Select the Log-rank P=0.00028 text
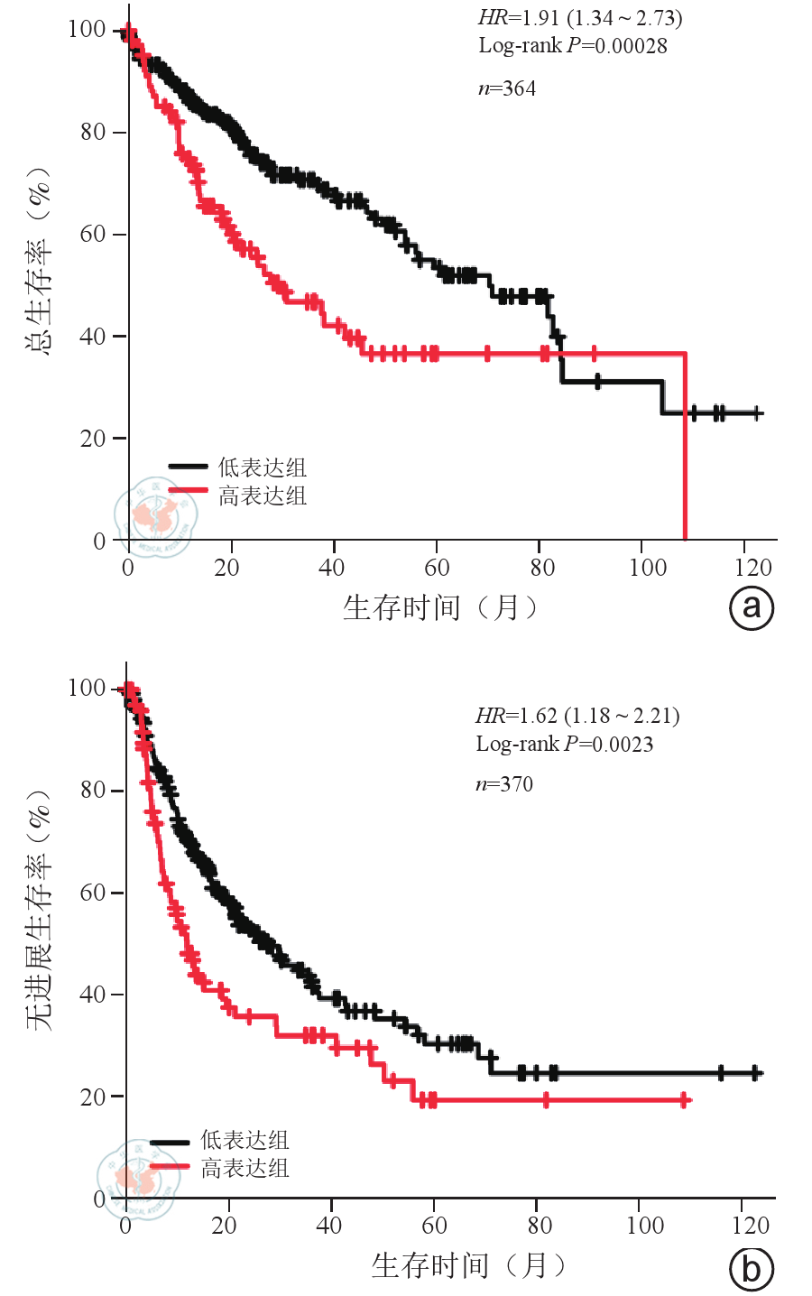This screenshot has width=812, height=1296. point(573,46)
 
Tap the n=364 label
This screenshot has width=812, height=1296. point(506,88)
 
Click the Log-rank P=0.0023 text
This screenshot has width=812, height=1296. point(565,745)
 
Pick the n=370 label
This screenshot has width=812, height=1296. point(504,784)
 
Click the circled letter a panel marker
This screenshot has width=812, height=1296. point(752,607)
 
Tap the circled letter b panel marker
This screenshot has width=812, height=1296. point(751,1270)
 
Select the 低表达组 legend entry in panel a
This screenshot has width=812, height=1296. point(262,467)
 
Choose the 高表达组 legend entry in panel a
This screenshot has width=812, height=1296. point(262,495)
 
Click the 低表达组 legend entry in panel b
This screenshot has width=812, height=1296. point(245,1140)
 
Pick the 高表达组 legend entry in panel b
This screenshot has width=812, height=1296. point(245,1169)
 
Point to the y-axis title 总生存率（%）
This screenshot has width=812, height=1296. point(40,262)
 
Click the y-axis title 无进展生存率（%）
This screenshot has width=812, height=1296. point(40,912)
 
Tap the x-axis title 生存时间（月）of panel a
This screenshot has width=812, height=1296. point(439,607)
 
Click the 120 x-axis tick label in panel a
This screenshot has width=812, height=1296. point(753,568)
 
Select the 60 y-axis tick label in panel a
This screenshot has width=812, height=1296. point(93,235)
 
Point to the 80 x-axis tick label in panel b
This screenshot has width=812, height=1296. point(540,1226)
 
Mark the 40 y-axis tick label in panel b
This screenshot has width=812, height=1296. point(93,995)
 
